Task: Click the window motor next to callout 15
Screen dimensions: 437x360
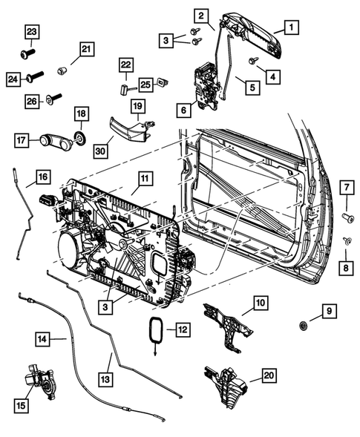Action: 42,381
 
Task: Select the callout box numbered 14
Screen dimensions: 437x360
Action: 44,339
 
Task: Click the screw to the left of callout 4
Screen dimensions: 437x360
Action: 254,60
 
